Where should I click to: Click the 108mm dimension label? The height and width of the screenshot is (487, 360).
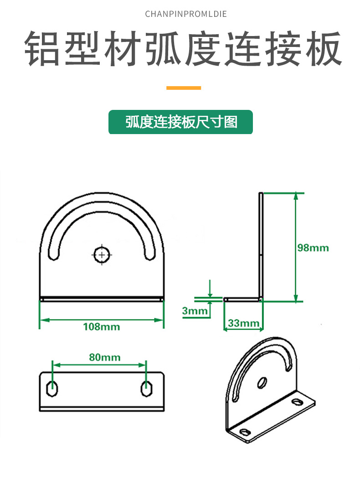[102, 327]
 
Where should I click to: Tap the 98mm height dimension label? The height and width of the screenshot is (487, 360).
[313, 248]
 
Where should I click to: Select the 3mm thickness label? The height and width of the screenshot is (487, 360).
[195, 311]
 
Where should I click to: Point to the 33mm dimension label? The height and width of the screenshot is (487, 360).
[244, 323]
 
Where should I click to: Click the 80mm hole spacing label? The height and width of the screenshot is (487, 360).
[105, 357]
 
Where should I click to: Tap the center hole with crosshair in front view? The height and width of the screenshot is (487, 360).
[102, 255]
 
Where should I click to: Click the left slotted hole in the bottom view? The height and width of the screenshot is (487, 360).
[52, 389]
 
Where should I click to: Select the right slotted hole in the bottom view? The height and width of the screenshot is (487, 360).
[146, 389]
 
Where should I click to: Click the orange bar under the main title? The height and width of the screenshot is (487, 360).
[184, 88]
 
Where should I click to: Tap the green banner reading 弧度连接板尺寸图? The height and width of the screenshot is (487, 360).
[180, 122]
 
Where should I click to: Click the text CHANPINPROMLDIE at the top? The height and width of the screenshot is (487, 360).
[186, 14]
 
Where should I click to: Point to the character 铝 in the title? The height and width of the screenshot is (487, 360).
[42, 48]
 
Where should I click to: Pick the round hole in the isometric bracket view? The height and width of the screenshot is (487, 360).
[262, 383]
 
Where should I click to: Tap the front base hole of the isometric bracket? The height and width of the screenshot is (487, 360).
[245, 432]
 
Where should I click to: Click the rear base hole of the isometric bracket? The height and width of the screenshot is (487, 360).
[297, 402]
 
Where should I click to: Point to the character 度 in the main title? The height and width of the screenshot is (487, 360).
[203, 48]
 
